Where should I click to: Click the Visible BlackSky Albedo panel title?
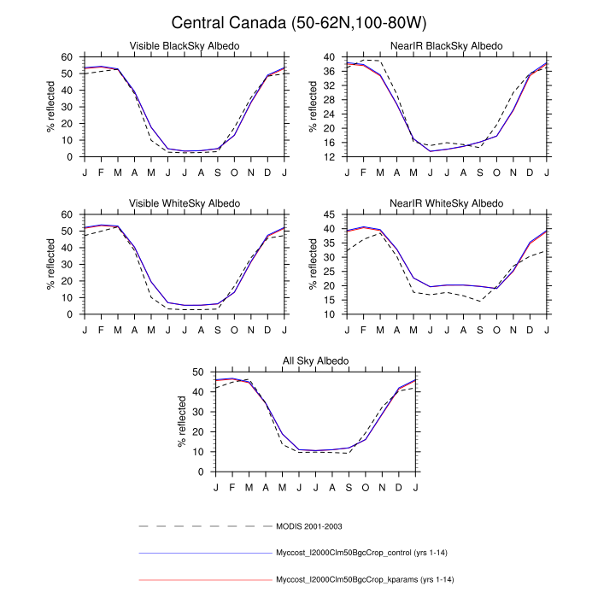[x=185, y=45]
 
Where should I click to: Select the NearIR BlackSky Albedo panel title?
[x=448, y=45]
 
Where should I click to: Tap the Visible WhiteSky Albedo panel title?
[x=185, y=202]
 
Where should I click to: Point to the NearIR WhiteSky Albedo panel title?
[x=448, y=202]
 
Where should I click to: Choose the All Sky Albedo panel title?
[x=316, y=361]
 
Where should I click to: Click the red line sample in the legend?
[x=204, y=580]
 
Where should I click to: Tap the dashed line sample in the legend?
[x=204, y=525]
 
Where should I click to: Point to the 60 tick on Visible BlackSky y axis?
[x=67, y=56]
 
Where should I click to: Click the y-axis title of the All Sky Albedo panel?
[x=182, y=422]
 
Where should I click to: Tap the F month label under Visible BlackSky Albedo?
[x=101, y=173]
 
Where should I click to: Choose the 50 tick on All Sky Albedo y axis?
[x=199, y=372]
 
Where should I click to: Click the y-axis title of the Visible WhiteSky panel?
[x=50, y=264]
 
